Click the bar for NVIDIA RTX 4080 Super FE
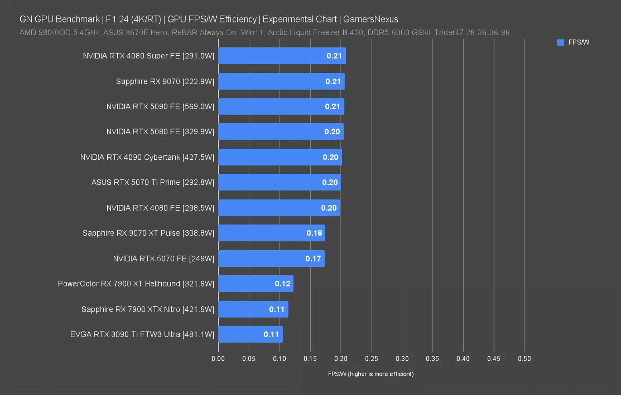click(282, 56)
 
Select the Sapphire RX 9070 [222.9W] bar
click(281, 81)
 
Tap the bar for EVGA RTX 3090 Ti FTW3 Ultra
click(251, 334)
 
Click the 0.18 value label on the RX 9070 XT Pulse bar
click(314, 233)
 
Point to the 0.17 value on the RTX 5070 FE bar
click(313, 259)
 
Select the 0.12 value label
click(283, 284)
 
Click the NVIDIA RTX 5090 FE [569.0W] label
click(160, 107)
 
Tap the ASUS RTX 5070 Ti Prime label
click(153, 183)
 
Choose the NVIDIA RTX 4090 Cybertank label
click(147, 157)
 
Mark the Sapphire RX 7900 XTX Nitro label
click(148, 309)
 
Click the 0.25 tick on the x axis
click(371, 359)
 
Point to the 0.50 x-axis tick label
click(524, 359)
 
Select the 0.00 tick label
click(218, 359)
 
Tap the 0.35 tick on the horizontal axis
click(432, 359)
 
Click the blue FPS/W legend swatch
click(560, 43)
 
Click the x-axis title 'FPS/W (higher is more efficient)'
click(370, 374)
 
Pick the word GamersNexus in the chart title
click(370, 19)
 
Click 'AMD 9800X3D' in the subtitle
click(45, 32)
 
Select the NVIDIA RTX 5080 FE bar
click(281, 132)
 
